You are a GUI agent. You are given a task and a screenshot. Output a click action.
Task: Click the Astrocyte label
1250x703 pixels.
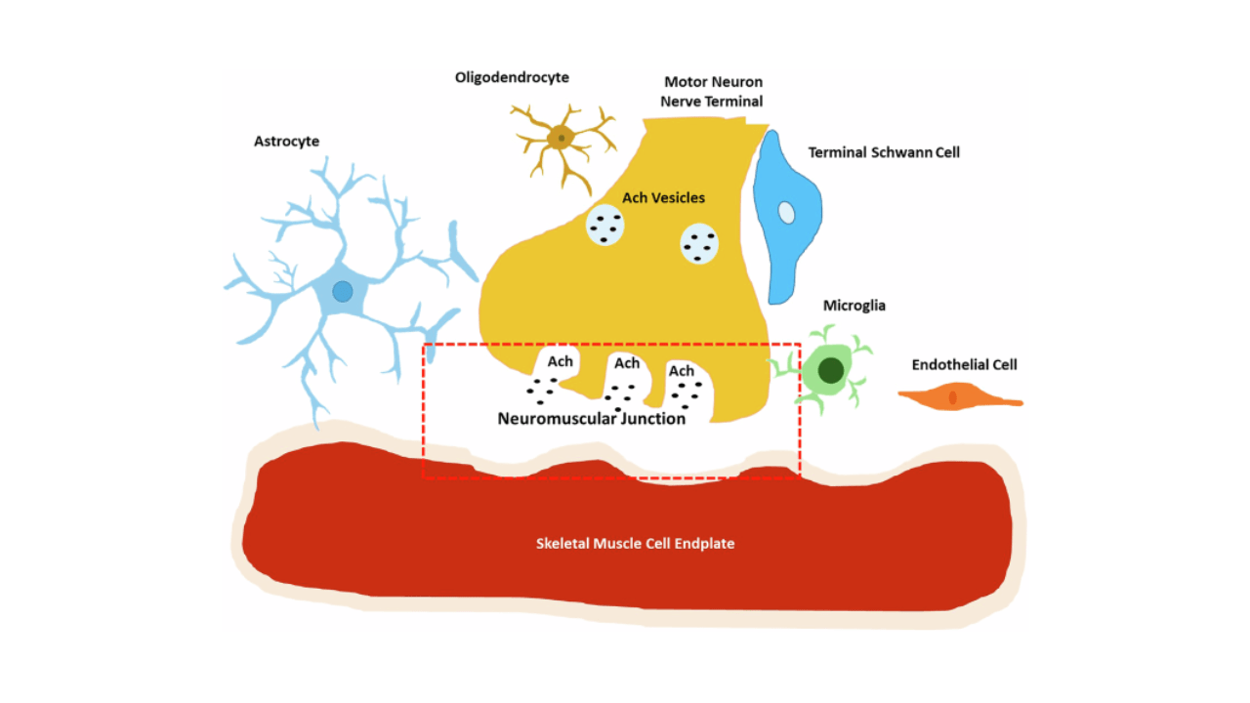click(x=286, y=142)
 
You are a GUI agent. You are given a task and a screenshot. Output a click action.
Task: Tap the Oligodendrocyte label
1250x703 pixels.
click(x=512, y=77)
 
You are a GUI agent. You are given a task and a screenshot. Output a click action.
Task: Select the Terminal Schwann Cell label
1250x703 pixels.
click(x=884, y=152)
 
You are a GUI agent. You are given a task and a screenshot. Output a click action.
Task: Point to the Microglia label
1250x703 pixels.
click(x=854, y=306)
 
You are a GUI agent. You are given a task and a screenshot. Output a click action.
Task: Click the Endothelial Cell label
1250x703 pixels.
click(x=964, y=365)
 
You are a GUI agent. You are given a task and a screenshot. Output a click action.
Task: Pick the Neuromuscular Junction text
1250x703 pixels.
click(x=591, y=419)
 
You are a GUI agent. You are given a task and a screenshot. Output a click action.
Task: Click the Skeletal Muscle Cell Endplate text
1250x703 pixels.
click(x=635, y=543)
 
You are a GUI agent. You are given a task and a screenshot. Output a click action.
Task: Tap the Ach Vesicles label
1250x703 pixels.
click(x=663, y=198)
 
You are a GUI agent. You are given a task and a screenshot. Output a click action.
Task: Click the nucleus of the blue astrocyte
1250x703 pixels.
click(x=342, y=291)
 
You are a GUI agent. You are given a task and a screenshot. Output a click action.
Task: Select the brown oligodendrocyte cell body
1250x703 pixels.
click(x=560, y=138)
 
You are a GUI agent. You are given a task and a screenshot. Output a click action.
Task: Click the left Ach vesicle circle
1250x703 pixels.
click(x=605, y=227)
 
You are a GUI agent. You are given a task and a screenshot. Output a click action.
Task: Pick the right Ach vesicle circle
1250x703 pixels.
click(x=699, y=244)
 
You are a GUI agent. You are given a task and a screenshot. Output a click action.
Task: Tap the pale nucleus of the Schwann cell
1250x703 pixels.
click(x=786, y=212)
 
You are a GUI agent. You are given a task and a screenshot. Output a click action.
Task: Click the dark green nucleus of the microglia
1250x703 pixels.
click(x=831, y=371)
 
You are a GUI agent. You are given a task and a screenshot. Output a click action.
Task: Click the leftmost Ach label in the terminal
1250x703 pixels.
click(x=560, y=361)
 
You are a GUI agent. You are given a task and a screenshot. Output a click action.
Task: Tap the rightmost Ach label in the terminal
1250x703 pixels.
click(x=681, y=371)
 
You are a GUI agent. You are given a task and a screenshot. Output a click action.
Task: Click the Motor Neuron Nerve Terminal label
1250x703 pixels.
click(x=713, y=92)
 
